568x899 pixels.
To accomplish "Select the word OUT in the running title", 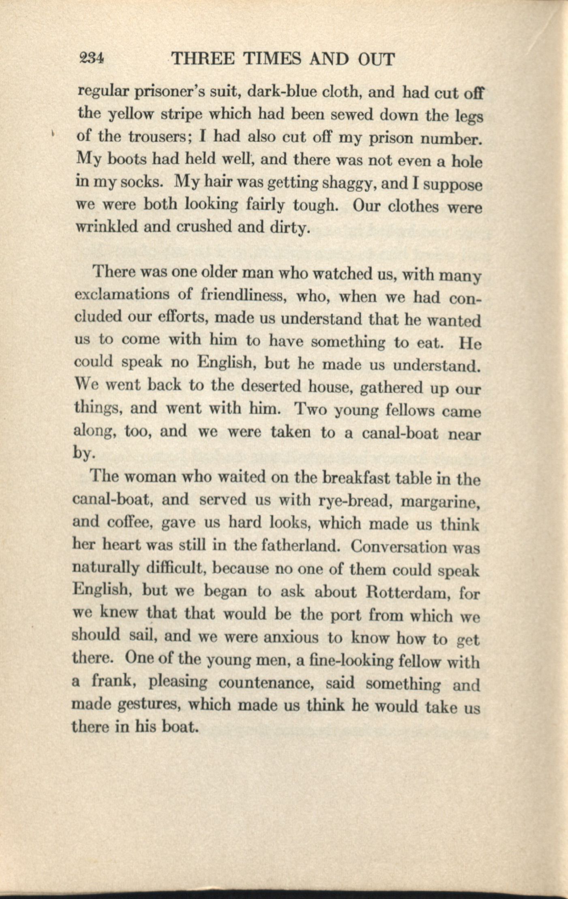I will (x=376, y=60).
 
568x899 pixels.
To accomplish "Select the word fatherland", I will (x=302, y=546).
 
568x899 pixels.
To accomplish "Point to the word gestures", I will (x=146, y=706).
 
